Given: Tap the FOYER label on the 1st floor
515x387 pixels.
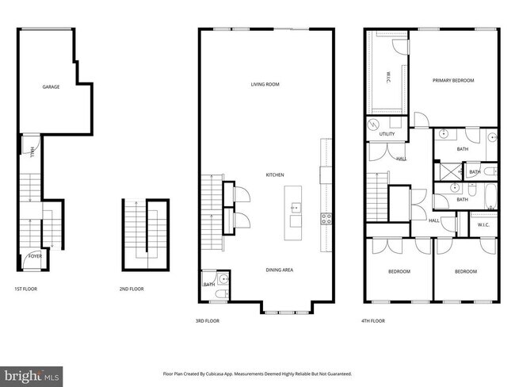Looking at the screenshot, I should (x=35, y=256).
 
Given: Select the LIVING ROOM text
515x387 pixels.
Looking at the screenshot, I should (x=265, y=84).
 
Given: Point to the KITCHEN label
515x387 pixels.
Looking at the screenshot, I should (x=275, y=174).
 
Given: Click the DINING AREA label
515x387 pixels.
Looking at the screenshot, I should (x=278, y=270).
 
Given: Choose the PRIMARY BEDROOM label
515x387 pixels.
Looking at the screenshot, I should (x=453, y=80).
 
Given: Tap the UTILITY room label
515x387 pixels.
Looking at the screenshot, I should (x=387, y=134).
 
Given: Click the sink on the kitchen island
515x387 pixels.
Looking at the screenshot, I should (x=295, y=208).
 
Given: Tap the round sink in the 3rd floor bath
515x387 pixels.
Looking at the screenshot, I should (x=224, y=280).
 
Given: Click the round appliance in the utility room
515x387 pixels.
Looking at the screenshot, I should (x=373, y=126).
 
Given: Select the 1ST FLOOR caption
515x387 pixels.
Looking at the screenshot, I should (x=25, y=289).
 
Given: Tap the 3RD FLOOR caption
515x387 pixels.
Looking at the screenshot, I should (x=207, y=321).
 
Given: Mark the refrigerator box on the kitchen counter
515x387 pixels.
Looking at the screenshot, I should (x=325, y=174).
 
